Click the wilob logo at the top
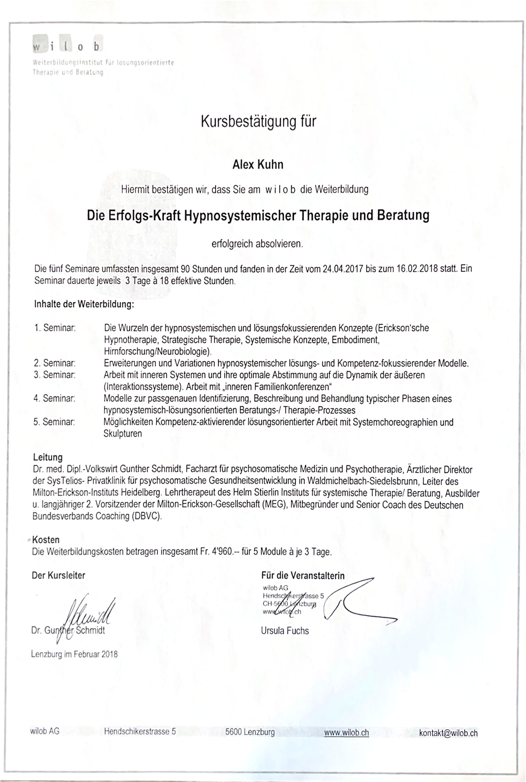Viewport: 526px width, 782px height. pyautogui.click(x=67, y=47)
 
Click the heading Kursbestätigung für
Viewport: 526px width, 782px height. pyautogui.click(x=258, y=121)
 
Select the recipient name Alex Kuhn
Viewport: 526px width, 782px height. pyautogui.click(x=258, y=165)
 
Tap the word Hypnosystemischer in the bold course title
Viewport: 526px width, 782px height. pyautogui.click(x=240, y=215)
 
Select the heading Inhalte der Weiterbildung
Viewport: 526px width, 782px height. pyautogui.click(x=84, y=305)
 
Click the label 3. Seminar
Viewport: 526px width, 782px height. pyautogui.click(x=54, y=375)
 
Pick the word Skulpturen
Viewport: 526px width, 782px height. pyautogui.click(x=123, y=434)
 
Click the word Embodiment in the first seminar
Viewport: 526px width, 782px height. pyautogui.click(x=356, y=340)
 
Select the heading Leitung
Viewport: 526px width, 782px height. pyautogui.click(x=48, y=457)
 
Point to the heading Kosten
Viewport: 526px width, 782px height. pyautogui.click(x=46, y=540)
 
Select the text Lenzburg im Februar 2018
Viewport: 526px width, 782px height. pyautogui.click(x=74, y=654)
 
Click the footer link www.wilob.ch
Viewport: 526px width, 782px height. pyautogui.click(x=347, y=732)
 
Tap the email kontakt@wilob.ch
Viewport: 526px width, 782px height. pyautogui.click(x=448, y=733)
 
